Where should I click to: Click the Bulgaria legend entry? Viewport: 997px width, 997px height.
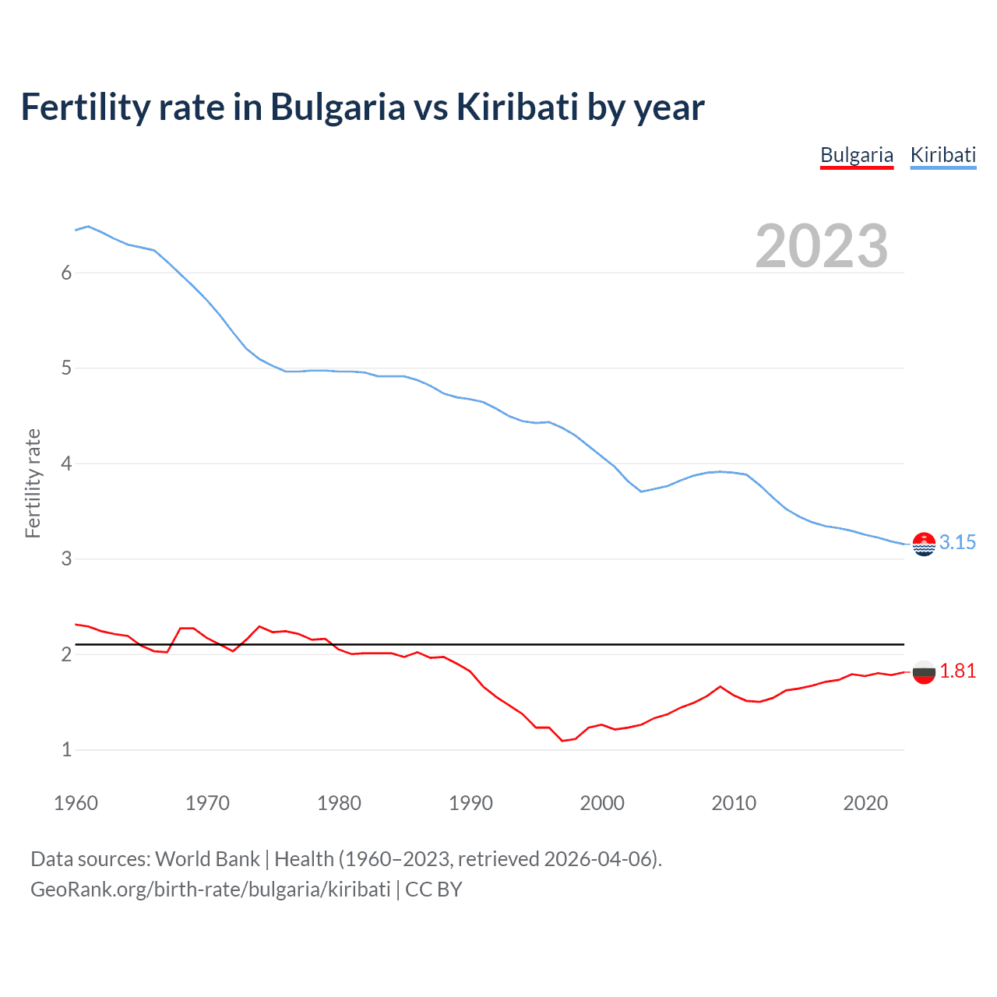[856, 155]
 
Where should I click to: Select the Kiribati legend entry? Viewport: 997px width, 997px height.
[942, 155]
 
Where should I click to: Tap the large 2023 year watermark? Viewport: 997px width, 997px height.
[821, 246]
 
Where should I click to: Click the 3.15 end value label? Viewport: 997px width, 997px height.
[957, 543]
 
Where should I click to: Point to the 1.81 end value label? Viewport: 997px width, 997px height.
[957, 671]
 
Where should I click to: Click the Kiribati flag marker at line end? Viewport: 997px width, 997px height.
[924, 544]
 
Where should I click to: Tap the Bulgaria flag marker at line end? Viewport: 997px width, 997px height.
[924, 671]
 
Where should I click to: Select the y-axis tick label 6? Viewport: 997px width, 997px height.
[66, 273]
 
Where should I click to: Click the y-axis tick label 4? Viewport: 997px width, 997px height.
[66, 464]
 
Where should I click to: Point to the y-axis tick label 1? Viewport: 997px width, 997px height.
[66, 750]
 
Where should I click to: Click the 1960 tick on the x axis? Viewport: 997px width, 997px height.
[76, 803]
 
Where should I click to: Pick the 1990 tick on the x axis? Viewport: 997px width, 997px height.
[470, 803]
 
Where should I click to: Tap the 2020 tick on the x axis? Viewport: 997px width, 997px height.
[865, 803]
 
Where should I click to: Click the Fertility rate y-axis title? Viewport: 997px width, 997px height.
[33, 483]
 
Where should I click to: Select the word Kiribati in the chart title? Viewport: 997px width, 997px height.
[516, 107]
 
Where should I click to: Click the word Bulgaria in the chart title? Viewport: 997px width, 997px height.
[337, 108]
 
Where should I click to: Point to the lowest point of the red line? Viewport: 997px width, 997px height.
[562, 741]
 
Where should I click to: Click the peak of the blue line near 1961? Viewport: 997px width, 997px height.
[88, 226]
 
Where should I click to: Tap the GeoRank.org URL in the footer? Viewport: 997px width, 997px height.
[210, 890]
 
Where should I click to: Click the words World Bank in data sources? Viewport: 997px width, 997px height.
[207, 859]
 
